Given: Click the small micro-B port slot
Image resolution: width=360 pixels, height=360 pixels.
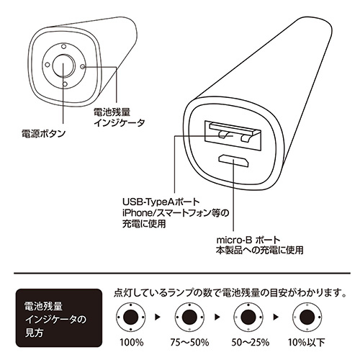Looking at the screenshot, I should point(233,160).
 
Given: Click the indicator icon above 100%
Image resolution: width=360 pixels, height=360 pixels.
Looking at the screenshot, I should point(130,317).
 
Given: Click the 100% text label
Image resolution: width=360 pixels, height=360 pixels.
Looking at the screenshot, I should point(130,343).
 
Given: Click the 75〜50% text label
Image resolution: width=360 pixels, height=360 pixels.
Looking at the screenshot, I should point(189,343).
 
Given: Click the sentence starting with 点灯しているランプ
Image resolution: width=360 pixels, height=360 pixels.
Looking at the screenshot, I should point(228,293).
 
